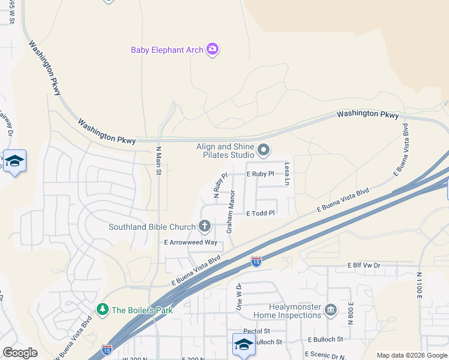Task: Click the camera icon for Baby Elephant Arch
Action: (x=212, y=49)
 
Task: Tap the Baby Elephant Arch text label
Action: (x=167, y=50)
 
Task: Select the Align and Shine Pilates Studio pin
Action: (x=264, y=149)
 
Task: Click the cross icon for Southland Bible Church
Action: (x=204, y=226)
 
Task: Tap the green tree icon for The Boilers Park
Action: (x=103, y=310)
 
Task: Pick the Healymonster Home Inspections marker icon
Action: (x=330, y=310)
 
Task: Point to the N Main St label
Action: (x=159, y=161)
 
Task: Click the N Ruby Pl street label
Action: (x=220, y=186)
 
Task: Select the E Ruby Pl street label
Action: (x=260, y=174)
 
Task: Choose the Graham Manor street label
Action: (x=229, y=213)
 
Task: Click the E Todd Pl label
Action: (x=260, y=213)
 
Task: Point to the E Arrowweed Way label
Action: (x=190, y=242)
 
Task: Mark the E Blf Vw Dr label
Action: (x=364, y=265)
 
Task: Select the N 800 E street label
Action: (x=350, y=314)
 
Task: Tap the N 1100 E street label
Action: (x=419, y=285)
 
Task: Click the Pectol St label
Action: (x=256, y=331)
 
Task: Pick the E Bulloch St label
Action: (x=324, y=339)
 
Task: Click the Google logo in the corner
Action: (x=20, y=353)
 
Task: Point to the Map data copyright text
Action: (x=411, y=355)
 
